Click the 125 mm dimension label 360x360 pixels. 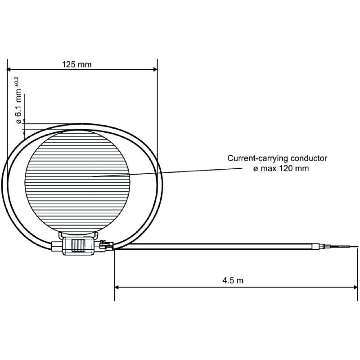tap(76, 64)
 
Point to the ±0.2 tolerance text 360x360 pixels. tap(16, 83)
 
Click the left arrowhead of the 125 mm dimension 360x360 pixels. tap(9, 69)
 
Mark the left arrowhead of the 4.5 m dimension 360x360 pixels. tap(117, 286)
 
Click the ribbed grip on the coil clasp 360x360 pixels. tap(78, 246)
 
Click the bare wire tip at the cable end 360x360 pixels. tap(346, 246)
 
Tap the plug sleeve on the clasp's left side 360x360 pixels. tap(56, 246)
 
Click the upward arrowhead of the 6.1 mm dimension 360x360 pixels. tap(25, 131)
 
